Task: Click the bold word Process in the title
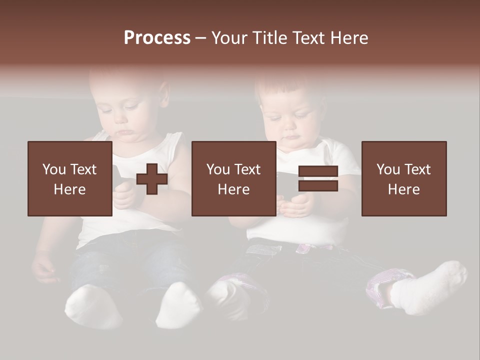pyautogui.click(x=157, y=38)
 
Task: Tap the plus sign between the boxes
pyautogui.click(x=152, y=179)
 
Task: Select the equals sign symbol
pyautogui.click(x=318, y=178)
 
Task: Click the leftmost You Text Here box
pyautogui.click(x=69, y=178)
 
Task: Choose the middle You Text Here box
pyautogui.click(x=233, y=178)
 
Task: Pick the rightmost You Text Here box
pyautogui.click(x=403, y=178)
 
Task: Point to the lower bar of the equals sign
pyautogui.click(x=318, y=185)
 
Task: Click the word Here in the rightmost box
pyautogui.click(x=403, y=189)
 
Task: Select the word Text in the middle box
pyautogui.click(x=246, y=169)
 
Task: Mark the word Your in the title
pyautogui.click(x=229, y=38)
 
